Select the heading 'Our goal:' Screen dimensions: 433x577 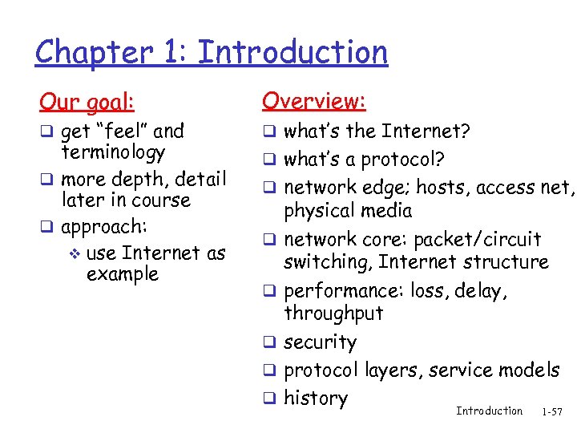[87, 103]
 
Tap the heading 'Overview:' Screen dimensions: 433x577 [314, 101]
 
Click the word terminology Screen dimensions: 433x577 [113, 152]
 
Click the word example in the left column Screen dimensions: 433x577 [122, 274]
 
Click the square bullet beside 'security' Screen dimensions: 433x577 [269, 342]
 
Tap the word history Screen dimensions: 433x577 [316, 399]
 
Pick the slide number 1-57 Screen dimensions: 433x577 [552, 412]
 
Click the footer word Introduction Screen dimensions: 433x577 [489, 411]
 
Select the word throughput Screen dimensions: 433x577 [333, 313]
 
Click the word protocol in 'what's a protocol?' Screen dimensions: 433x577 [390, 160]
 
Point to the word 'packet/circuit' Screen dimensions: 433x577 [481, 240]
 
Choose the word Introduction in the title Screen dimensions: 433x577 [293, 53]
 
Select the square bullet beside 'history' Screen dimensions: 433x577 [269, 399]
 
